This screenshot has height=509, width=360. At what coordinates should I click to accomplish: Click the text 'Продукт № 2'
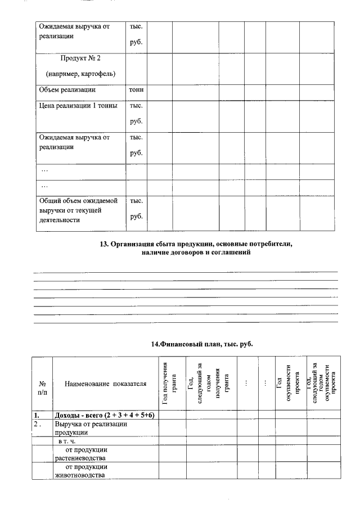80,58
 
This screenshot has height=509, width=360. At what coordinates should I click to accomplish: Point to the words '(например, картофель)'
80,74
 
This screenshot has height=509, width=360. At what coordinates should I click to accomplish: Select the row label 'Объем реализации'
67,89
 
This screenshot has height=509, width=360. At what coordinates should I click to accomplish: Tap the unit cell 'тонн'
136,89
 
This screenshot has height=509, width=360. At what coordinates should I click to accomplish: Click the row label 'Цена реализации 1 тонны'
78,106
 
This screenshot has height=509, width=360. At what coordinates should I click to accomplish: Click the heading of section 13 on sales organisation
196,249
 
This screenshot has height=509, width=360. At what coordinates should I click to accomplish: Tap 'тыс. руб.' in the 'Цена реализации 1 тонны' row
136,113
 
